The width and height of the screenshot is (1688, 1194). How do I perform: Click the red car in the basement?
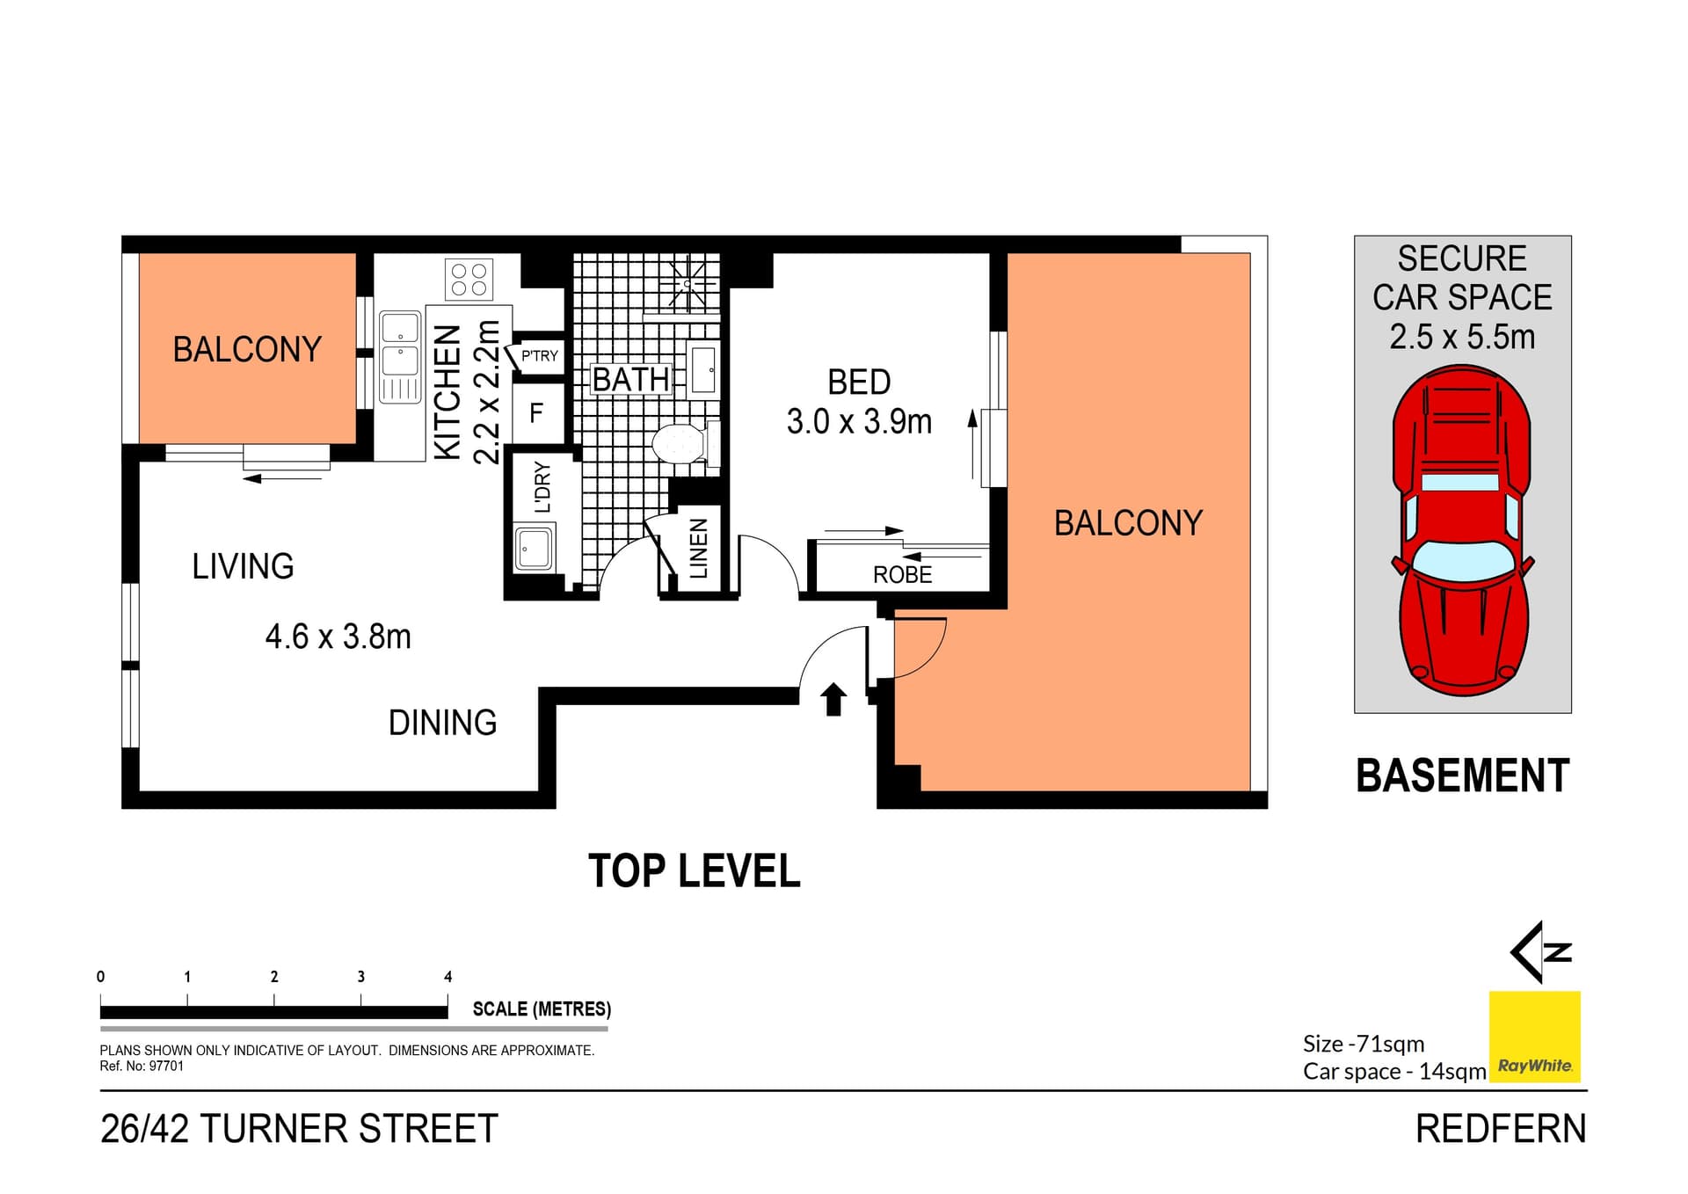(x=1463, y=531)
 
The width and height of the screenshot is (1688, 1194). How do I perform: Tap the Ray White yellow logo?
(x=1534, y=1037)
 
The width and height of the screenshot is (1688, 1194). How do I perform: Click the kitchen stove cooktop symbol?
(x=469, y=280)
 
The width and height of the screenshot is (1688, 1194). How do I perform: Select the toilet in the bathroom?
(x=685, y=442)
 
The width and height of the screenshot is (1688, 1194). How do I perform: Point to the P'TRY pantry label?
(x=539, y=356)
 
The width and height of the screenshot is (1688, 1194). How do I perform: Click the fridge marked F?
(x=536, y=412)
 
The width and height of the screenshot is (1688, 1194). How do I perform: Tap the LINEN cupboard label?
(x=699, y=549)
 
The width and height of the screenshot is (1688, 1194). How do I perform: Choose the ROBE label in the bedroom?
(x=902, y=575)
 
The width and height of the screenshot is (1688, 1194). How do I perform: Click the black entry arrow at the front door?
(x=833, y=700)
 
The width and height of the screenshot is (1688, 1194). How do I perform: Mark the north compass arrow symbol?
(x=1540, y=951)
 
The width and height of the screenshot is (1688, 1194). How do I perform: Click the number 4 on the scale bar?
(x=447, y=977)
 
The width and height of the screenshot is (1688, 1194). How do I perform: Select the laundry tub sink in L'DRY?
(x=534, y=549)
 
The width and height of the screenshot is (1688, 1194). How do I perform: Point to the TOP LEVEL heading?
(x=695, y=871)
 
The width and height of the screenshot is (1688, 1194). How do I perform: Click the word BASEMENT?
(x=1463, y=776)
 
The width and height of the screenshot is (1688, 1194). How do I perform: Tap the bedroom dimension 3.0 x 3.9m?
(x=859, y=422)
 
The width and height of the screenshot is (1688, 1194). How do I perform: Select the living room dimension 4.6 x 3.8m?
(x=338, y=637)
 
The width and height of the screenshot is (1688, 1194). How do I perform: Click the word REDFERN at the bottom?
(x=1501, y=1129)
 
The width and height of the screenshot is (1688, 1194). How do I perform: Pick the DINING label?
(x=442, y=723)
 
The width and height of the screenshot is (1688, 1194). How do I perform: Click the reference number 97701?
(x=166, y=1067)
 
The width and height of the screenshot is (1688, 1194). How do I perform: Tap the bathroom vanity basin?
(x=703, y=369)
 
